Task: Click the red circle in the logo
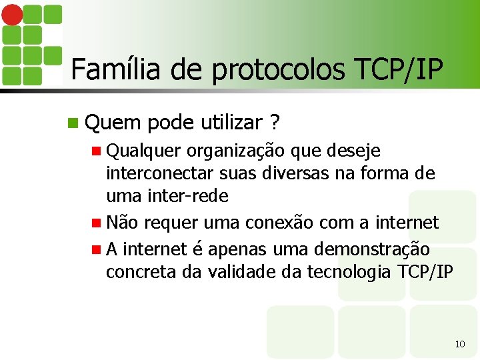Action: (x=13, y=13)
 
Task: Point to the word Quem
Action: (x=113, y=122)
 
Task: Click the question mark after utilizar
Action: (x=275, y=122)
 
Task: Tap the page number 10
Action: (x=459, y=344)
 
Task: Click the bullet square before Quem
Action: (x=73, y=123)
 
